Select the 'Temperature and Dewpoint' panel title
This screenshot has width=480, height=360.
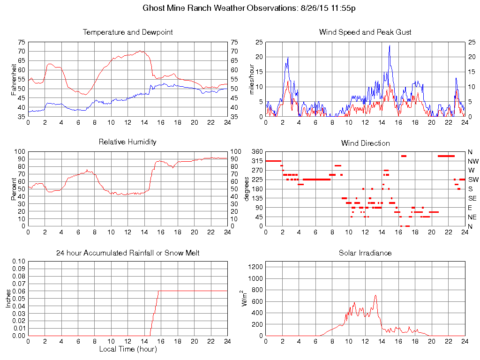(127, 32)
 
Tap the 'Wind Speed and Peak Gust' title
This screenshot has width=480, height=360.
(365, 32)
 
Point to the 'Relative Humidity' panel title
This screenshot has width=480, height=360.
(127, 142)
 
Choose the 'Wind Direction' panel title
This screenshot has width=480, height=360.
(365, 143)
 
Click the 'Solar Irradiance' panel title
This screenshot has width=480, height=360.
(365, 253)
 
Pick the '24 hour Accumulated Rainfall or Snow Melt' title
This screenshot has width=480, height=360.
(127, 253)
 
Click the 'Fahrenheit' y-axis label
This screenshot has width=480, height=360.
(15, 79)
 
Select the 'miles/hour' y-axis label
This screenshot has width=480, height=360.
(252, 79)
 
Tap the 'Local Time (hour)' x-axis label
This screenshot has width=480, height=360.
(127, 349)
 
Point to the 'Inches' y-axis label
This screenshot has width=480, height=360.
(8, 299)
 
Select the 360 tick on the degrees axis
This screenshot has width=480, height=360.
(256, 152)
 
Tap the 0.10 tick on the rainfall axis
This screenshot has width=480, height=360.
(19, 261)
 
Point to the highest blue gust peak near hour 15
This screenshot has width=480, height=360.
(390, 45)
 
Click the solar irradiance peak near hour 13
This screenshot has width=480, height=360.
(375, 295)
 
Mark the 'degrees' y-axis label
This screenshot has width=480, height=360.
(247, 189)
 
